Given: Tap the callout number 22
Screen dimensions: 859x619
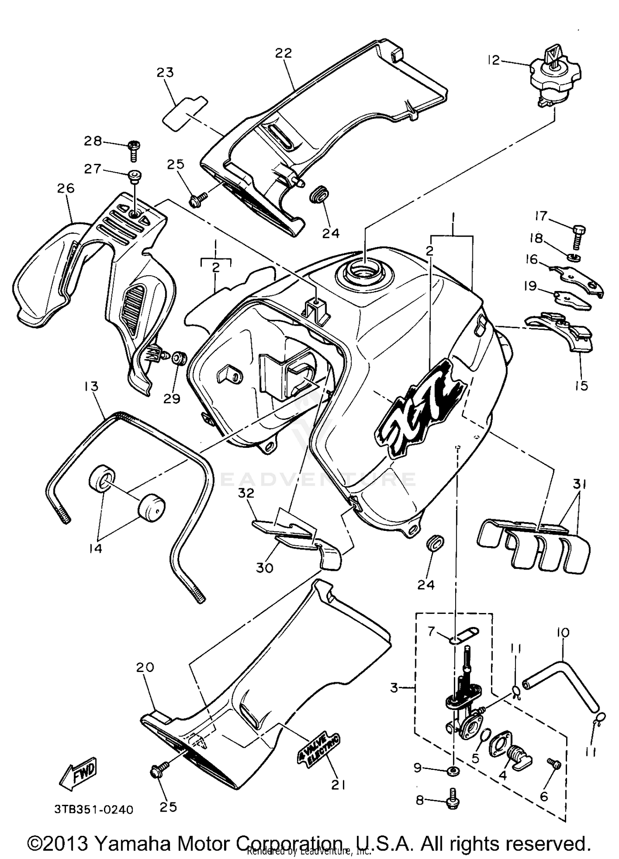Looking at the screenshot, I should pyautogui.click(x=284, y=53).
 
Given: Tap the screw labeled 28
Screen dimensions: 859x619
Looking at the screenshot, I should pyautogui.click(x=135, y=151).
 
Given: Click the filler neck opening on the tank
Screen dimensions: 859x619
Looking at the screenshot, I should pyautogui.click(x=361, y=273).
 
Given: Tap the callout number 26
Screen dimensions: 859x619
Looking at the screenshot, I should pyautogui.click(x=66, y=188).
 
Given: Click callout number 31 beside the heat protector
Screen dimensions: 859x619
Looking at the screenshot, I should pyautogui.click(x=580, y=483).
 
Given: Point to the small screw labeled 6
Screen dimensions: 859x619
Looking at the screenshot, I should pyautogui.click(x=553, y=764).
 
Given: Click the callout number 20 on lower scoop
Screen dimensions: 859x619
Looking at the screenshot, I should pyautogui.click(x=145, y=667).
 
